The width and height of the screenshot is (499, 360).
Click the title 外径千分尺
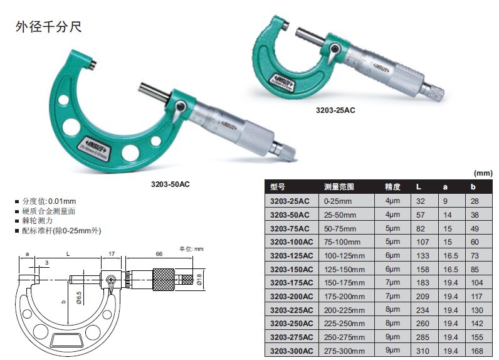49,27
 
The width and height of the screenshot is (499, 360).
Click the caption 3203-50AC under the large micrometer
171,184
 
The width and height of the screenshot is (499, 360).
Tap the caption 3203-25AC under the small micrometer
335,110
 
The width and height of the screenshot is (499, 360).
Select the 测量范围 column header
339,187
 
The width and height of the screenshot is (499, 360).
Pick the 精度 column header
392,187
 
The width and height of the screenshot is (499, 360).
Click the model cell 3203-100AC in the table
292,242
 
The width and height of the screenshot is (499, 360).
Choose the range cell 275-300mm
344,351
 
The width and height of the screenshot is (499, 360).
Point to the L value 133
423,256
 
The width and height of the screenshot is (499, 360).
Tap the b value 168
476,351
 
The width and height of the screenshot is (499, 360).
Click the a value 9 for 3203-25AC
445,201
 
